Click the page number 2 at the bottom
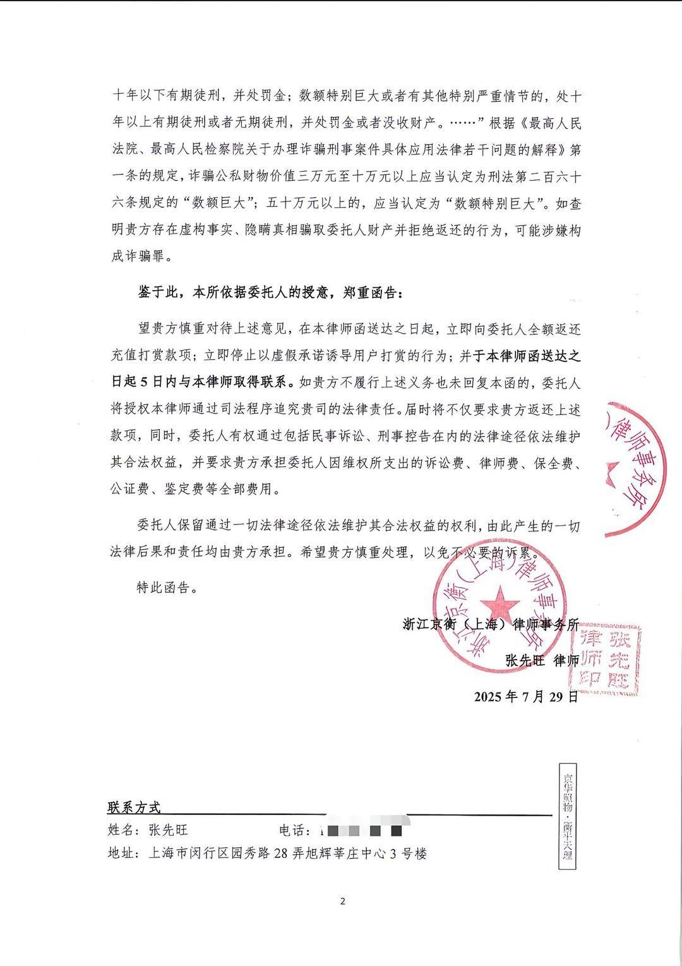342,901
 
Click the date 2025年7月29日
525,697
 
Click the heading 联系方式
135,807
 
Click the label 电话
295,830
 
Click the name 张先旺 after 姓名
168,830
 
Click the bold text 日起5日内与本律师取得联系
199,382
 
